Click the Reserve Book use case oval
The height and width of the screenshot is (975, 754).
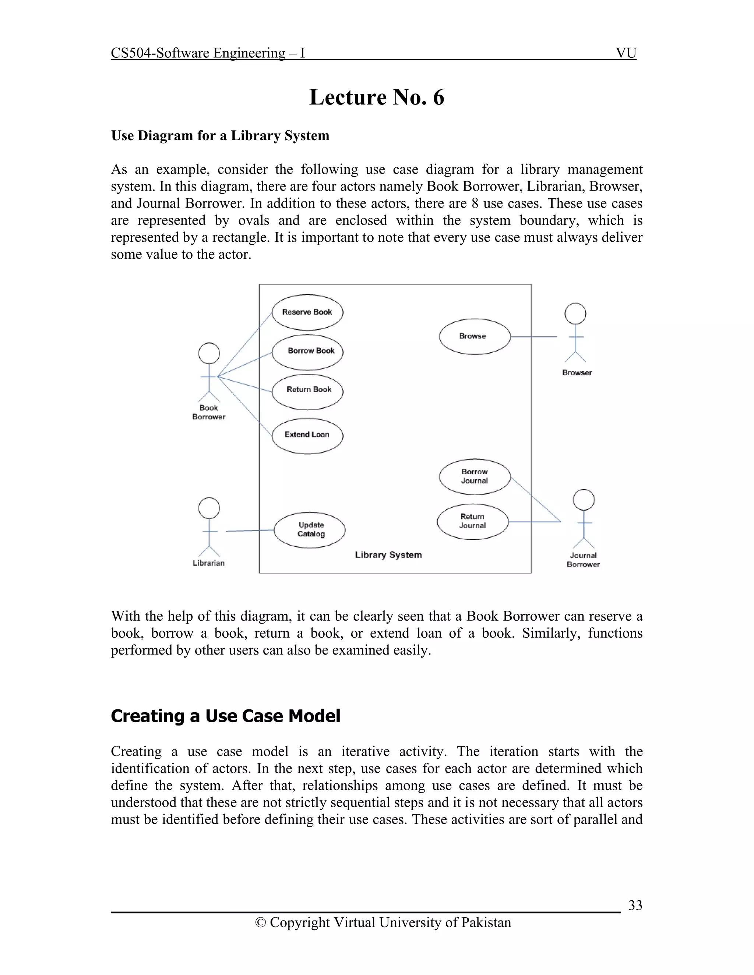pyautogui.click(x=307, y=312)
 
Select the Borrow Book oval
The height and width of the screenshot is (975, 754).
pyautogui.click(x=307, y=352)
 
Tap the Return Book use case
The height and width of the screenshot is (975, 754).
pyautogui.click(x=307, y=391)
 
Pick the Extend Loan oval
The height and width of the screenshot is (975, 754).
pyautogui.click(x=307, y=436)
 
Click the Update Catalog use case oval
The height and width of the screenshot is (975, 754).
pyautogui.click(x=310, y=530)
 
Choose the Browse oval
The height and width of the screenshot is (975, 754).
pyautogui.click(x=474, y=337)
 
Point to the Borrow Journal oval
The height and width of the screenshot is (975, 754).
pyautogui.click(x=474, y=476)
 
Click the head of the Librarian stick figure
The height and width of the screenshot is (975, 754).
pyautogui.click(x=209, y=508)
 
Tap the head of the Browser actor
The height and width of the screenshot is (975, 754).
pyautogui.click(x=575, y=313)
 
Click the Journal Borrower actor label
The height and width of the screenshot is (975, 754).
pyautogui.click(x=583, y=560)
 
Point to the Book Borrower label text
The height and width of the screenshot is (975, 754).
pyautogui.click(x=209, y=412)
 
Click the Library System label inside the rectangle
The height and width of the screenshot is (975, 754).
pyautogui.click(x=388, y=555)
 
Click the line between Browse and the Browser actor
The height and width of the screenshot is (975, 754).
pyautogui.click(x=533, y=337)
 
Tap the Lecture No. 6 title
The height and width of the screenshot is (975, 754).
pyautogui.click(x=377, y=97)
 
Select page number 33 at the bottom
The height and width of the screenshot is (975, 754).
pyautogui.click(x=635, y=905)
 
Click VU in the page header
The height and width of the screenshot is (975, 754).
pyautogui.click(x=626, y=53)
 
